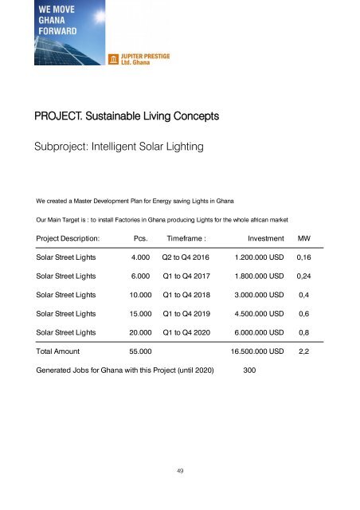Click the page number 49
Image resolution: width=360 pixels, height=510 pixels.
181,471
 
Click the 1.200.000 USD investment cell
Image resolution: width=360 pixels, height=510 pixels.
260,259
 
